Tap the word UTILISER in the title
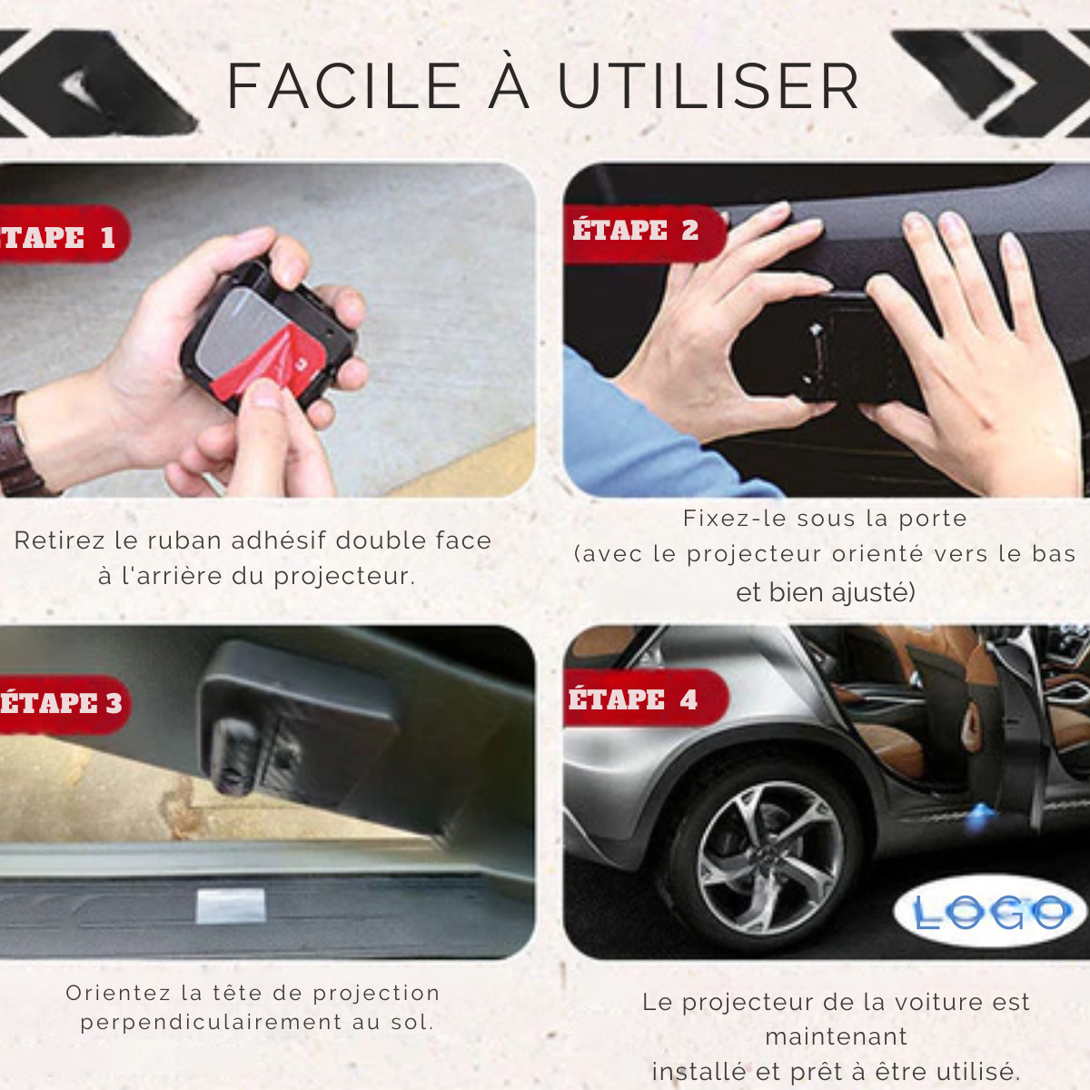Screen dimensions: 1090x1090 (x=708, y=86)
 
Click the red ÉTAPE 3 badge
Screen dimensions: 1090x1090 (x=64, y=704)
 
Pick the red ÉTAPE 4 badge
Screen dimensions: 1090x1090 (x=646, y=699)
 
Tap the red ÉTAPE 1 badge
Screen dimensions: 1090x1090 (x=64, y=234)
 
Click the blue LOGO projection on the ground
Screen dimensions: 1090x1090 (x=991, y=912)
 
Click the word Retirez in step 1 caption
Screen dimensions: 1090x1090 (x=60, y=540)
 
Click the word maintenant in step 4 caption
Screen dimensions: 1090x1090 (x=836, y=1036)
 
